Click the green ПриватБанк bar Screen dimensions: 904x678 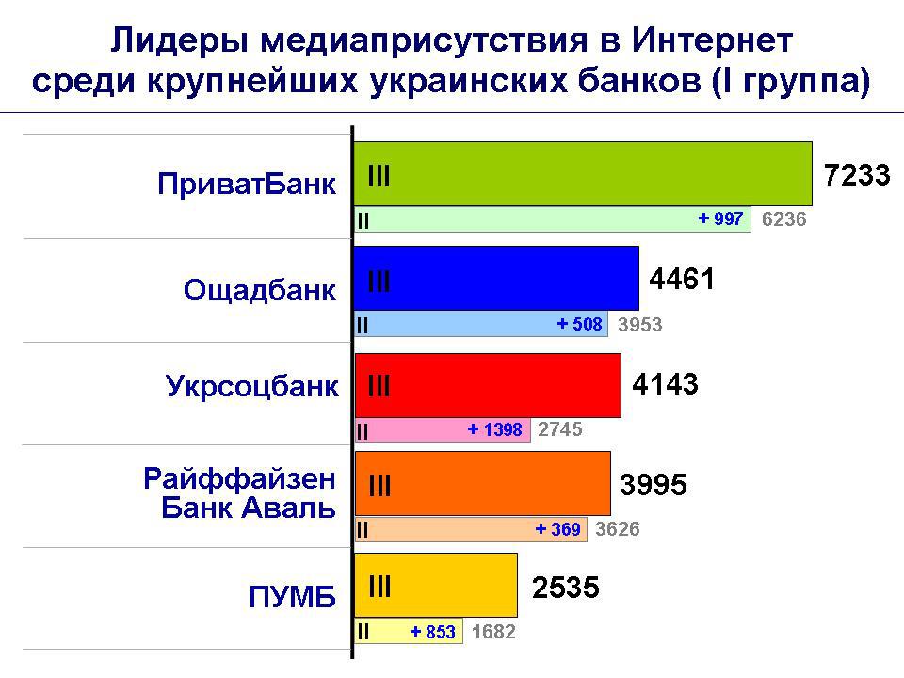(583, 173)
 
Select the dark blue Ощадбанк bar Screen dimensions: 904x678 (496, 279)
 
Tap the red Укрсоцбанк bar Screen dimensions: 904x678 (488, 386)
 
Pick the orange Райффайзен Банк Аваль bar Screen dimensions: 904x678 (482, 484)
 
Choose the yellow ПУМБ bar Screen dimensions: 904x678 (436, 585)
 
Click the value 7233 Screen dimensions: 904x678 (857, 175)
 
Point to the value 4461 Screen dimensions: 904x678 (682, 279)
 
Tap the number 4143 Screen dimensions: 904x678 (666, 384)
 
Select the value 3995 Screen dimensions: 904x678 (654, 484)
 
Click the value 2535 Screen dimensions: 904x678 (566, 588)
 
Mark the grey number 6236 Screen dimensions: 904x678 (784, 219)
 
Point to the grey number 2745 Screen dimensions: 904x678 (559, 429)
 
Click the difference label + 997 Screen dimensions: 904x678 (720, 218)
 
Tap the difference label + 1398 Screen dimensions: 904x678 (494, 429)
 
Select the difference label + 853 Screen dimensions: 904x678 (433, 632)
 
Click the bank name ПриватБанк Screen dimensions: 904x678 (247, 185)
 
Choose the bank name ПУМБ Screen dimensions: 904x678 (292, 597)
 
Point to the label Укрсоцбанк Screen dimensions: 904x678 (252, 386)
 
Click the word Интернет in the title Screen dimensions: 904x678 (712, 40)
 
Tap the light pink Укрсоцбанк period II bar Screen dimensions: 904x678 (443, 430)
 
